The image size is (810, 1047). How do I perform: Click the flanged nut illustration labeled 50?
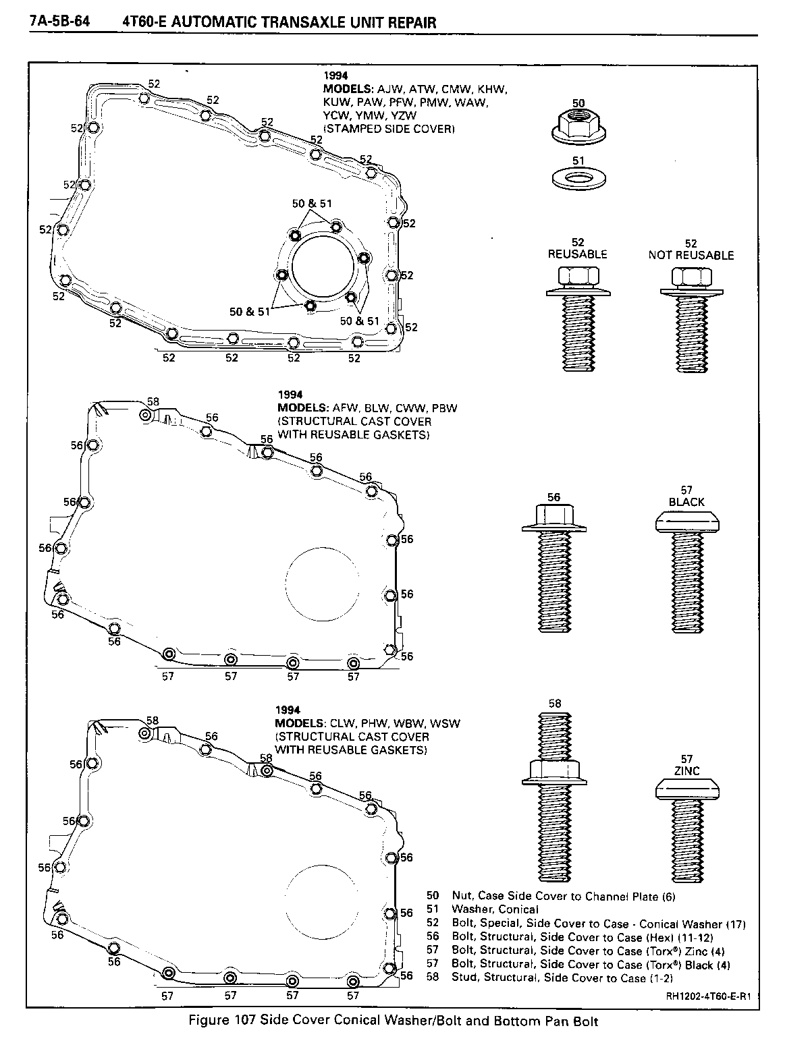tap(578, 127)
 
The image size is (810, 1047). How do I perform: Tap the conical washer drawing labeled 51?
tap(578, 179)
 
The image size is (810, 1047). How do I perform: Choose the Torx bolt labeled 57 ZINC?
tap(688, 833)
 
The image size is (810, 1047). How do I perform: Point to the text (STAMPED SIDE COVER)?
tap(388, 129)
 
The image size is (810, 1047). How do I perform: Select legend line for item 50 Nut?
tap(550, 896)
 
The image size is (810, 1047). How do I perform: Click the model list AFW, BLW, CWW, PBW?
tap(395, 408)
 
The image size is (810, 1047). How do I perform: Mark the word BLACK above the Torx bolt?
tap(686, 502)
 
